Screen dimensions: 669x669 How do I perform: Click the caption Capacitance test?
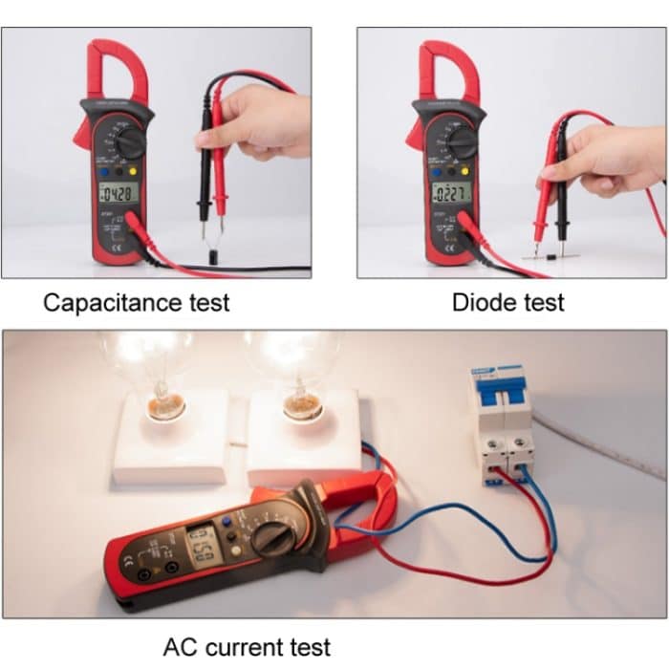[x=137, y=303]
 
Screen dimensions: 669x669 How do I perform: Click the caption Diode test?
[x=507, y=303]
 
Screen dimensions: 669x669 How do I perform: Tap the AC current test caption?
[x=248, y=647]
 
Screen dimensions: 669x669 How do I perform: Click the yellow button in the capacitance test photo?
[x=132, y=172]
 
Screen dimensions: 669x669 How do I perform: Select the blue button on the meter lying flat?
[x=227, y=523]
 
